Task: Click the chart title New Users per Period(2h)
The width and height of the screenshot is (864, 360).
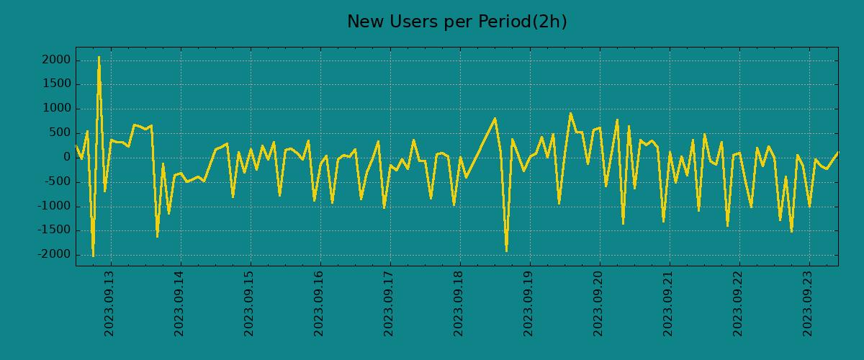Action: [456, 22]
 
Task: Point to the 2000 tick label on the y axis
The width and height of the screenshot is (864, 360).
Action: [57, 60]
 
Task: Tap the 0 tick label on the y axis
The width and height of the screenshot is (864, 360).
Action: [67, 157]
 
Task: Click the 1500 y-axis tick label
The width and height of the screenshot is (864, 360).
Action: [57, 84]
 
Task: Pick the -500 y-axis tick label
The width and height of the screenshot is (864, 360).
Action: [57, 181]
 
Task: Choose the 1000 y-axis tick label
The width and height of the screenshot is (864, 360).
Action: [57, 109]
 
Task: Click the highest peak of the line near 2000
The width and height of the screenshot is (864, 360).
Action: [99, 57]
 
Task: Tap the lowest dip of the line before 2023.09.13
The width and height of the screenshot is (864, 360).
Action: [93, 256]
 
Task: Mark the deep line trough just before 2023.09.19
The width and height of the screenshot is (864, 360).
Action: [506, 251]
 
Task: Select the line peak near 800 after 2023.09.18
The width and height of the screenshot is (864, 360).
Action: [495, 119]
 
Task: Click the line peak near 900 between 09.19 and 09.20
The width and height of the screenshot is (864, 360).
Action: [570, 113]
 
